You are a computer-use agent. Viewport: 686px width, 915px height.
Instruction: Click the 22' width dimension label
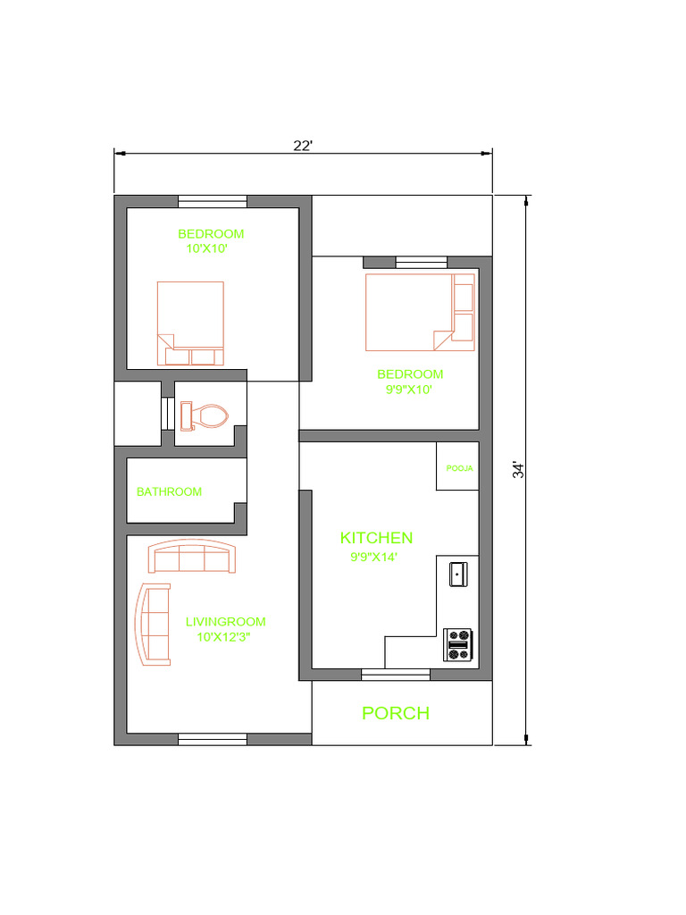coord(303,146)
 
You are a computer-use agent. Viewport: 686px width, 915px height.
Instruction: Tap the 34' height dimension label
coord(518,470)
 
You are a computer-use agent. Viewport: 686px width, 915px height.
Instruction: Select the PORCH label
coord(396,712)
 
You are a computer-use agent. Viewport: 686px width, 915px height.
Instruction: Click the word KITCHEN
coord(376,537)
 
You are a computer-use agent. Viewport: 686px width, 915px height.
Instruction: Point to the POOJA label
coord(460,468)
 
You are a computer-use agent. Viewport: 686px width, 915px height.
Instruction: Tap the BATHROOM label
coord(169,491)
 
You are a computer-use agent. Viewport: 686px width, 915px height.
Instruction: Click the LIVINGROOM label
coord(225,622)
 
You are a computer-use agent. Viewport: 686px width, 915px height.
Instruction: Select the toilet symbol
coord(204,416)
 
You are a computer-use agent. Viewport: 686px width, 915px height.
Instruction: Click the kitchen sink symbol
coord(458,575)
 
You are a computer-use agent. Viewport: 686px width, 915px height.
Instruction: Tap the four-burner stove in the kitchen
coord(458,645)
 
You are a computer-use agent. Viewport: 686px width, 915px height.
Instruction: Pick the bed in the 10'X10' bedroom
coord(191,323)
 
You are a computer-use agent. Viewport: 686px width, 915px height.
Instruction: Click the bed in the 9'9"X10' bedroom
coord(420,312)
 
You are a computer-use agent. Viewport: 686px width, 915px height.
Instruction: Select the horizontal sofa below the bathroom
coord(192,556)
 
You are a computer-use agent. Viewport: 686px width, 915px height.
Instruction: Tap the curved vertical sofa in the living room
coord(153,625)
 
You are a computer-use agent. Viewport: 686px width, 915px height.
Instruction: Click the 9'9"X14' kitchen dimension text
coord(373,557)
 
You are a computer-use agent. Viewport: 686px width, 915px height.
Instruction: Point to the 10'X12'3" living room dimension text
coord(223,636)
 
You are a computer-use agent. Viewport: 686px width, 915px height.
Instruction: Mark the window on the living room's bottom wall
coord(213,739)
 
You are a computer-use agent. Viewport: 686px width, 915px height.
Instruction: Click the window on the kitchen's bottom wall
coord(396,676)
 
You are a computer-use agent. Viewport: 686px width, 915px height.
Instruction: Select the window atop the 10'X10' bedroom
coord(213,202)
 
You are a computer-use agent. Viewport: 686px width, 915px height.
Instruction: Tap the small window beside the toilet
coord(168,413)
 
